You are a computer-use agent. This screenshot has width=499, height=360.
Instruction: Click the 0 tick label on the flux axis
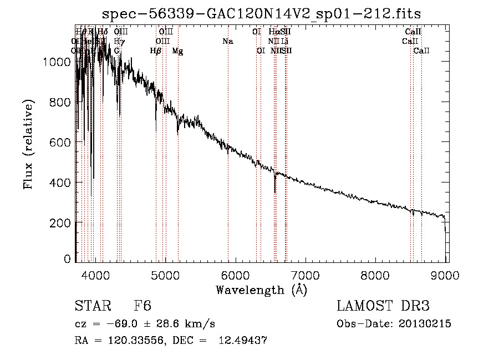pyautogui.click(x=67, y=259)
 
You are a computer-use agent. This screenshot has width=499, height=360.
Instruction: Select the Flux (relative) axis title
pyautogui.click(x=28, y=144)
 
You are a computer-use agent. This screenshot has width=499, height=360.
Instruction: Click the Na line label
pyautogui.click(x=227, y=41)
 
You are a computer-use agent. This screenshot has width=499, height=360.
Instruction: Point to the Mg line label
pyautogui.click(x=177, y=51)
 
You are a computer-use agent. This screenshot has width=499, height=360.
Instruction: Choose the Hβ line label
pyautogui.click(x=156, y=51)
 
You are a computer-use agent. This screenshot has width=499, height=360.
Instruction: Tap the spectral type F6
pyautogui.click(x=142, y=307)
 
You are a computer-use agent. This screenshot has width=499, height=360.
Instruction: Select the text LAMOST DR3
pyautogui.click(x=383, y=307)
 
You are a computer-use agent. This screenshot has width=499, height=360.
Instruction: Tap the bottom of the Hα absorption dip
pyautogui.click(x=275, y=192)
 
